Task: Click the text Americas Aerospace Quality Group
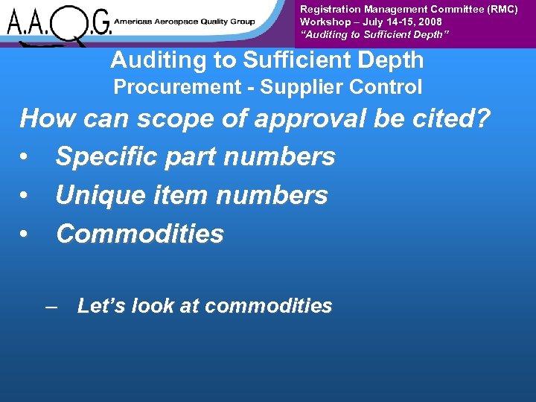[x=184, y=22]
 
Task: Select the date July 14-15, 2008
[x=402, y=22]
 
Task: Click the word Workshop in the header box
[x=322, y=22]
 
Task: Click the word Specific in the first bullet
[x=106, y=157]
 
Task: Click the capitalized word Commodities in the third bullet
[x=140, y=234]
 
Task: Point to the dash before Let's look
[x=51, y=307]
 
